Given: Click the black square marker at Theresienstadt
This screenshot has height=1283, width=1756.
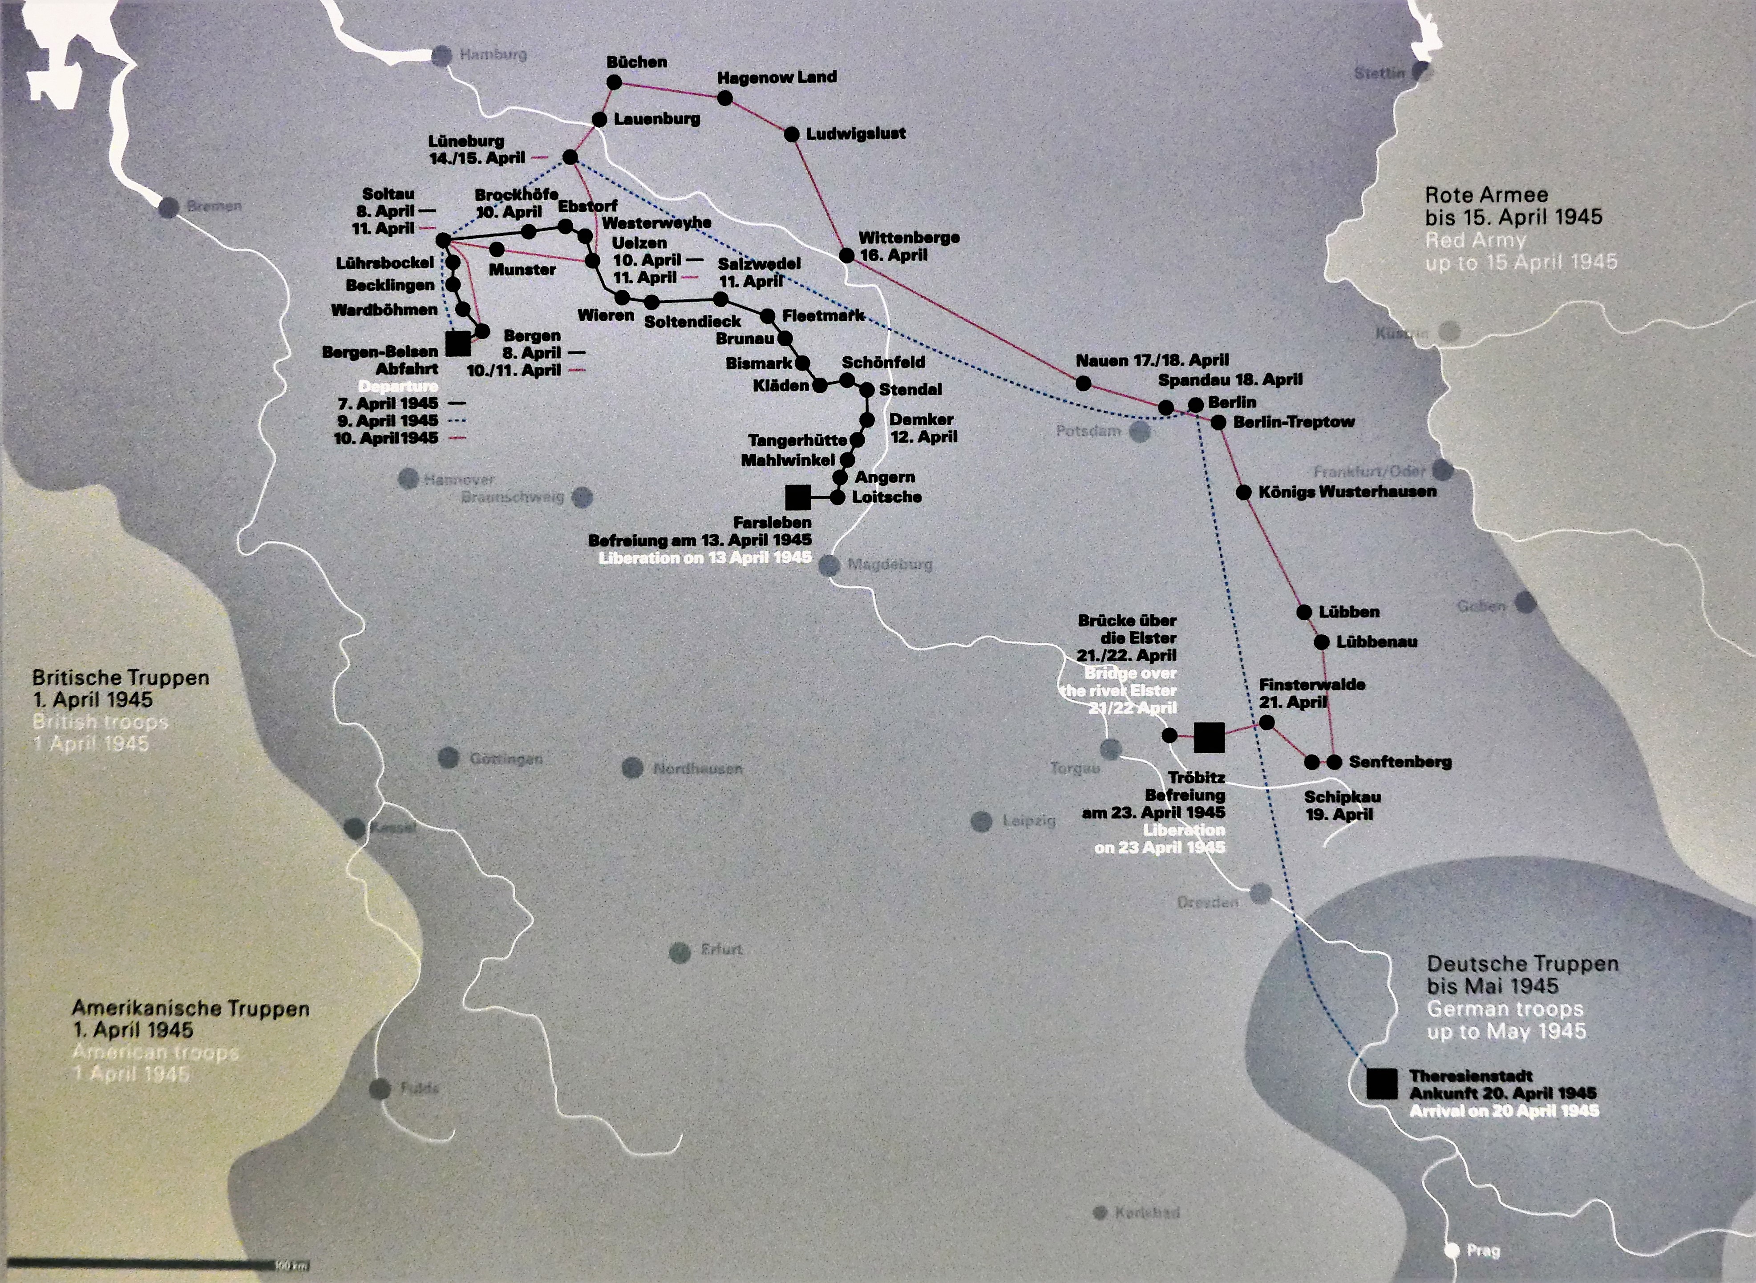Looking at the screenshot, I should [x=1382, y=1083].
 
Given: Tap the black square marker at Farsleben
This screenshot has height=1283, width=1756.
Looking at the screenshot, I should [x=797, y=497].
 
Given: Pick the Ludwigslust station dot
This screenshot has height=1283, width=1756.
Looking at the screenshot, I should [x=791, y=134].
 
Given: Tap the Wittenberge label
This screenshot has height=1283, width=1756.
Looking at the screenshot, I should [x=909, y=238].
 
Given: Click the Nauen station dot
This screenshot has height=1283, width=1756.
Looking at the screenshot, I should [x=1084, y=383].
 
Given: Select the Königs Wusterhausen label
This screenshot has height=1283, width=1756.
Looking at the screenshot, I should [x=1347, y=492].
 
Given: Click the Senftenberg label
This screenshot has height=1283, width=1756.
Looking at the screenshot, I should [x=1400, y=762].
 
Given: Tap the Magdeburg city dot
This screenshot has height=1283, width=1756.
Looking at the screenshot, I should [x=829, y=565].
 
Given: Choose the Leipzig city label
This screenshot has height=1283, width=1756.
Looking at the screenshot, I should [x=1028, y=821].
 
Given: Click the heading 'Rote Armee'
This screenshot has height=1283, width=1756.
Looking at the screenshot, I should [x=1486, y=195].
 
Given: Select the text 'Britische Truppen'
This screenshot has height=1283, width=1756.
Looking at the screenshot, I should [x=121, y=678].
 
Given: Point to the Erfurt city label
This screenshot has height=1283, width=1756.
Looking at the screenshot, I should [x=721, y=949].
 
